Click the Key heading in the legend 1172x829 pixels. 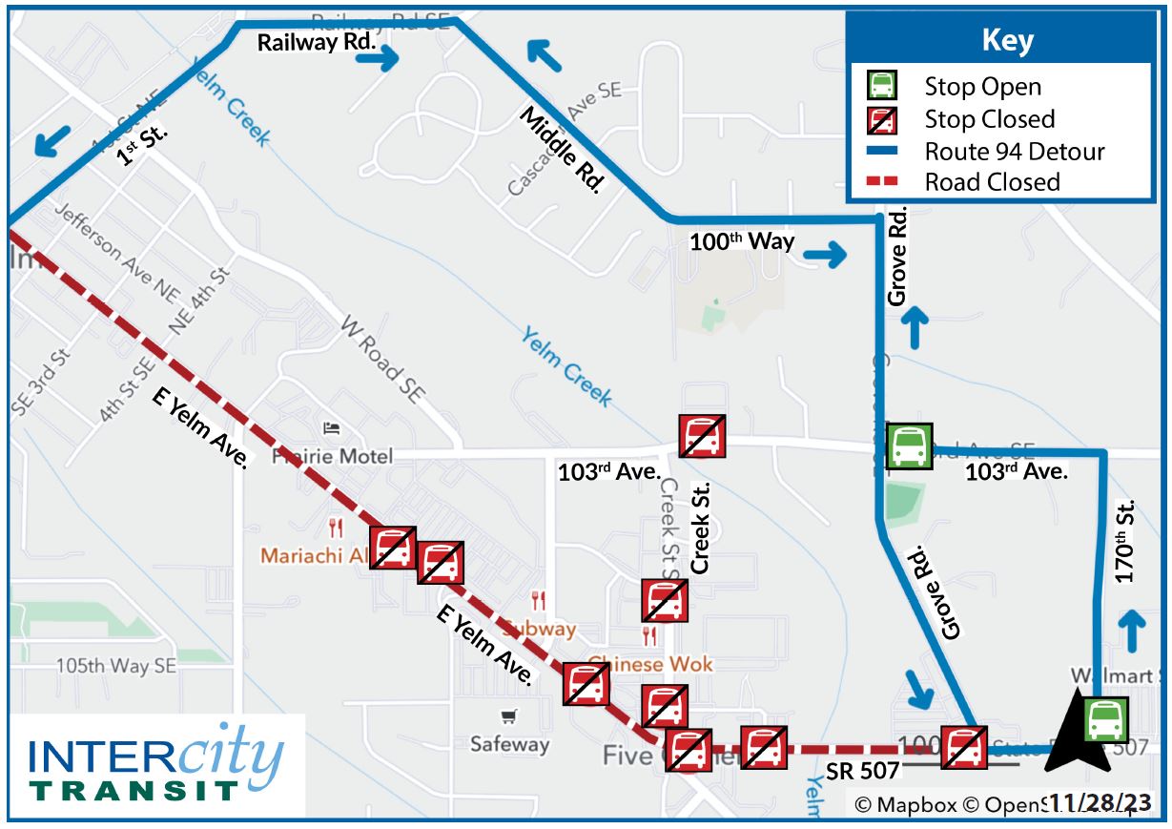coord(1006,42)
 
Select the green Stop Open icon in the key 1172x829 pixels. coord(882,87)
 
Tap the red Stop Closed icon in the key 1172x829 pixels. coord(882,120)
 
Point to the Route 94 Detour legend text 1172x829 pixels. coord(1015,152)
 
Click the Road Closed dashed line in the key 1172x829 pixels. coord(882,182)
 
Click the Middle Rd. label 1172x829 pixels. coord(562,151)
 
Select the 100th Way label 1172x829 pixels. coord(742,241)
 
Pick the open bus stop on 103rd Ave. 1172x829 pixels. coord(909,446)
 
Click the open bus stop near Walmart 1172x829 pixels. coord(1105,720)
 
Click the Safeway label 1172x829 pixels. coord(509,744)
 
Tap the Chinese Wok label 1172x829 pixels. coord(650,664)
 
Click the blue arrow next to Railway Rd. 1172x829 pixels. coord(380,58)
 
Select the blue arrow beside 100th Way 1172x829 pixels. coord(825,255)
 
